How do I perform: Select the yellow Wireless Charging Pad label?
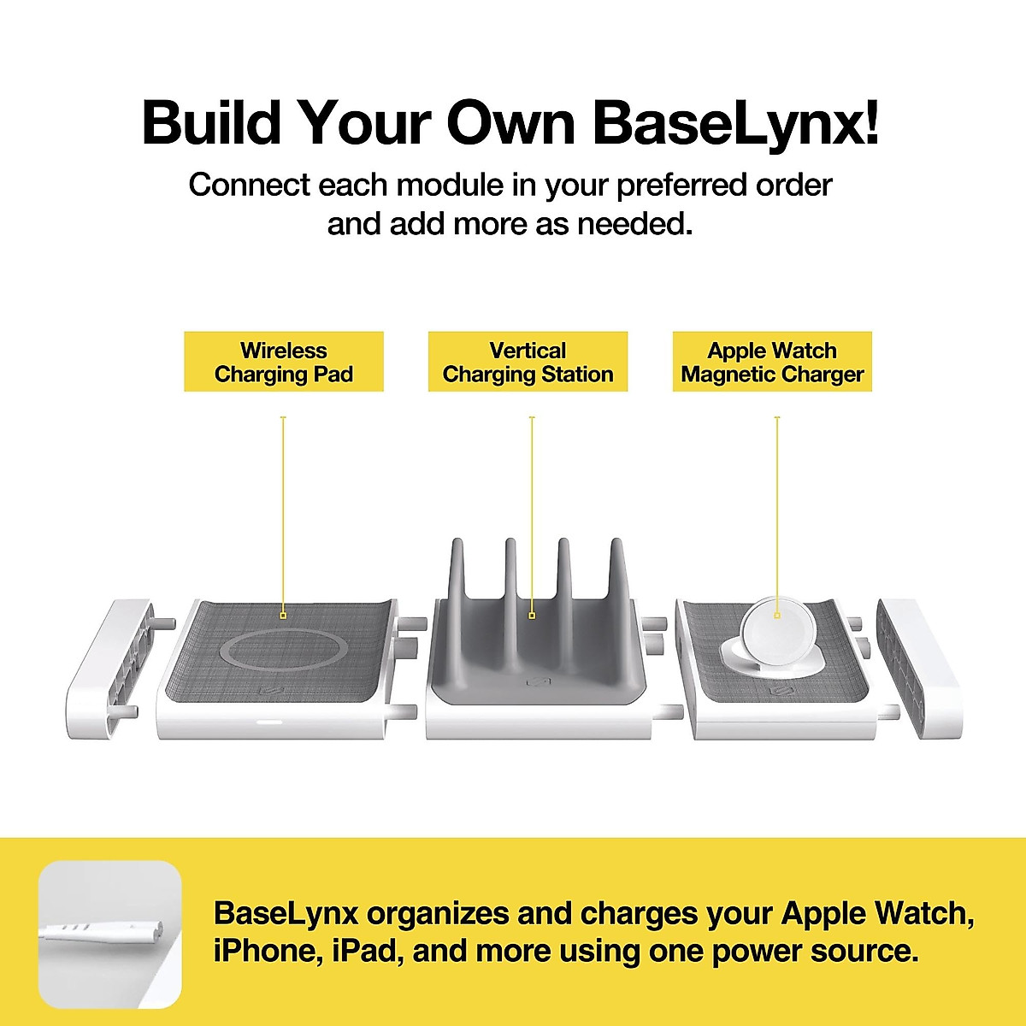point(283,363)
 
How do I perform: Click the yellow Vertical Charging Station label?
point(528,363)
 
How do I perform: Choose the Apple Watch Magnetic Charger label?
point(772,363)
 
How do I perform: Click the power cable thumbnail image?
point(109,934)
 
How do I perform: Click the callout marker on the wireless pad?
point(283,614)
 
